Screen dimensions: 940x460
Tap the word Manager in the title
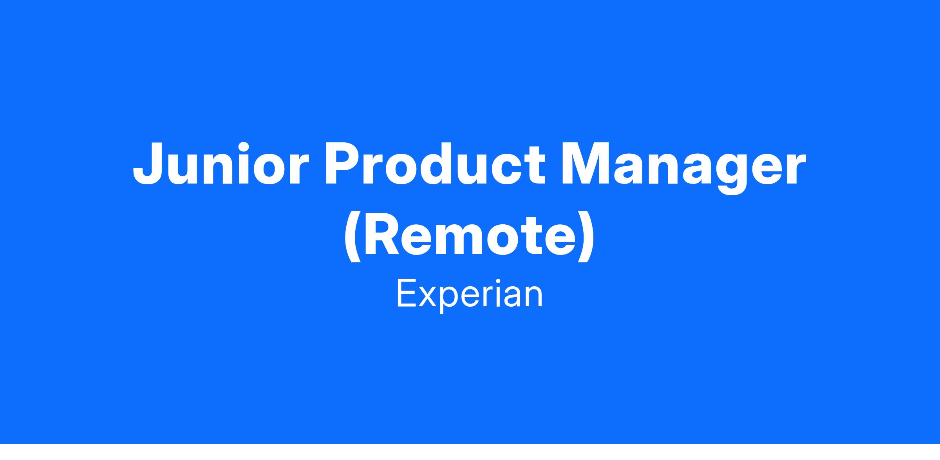[x=684, y=169]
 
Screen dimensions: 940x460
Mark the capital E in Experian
[x=407, y=294]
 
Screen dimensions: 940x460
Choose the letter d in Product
[x=446, y=164]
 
